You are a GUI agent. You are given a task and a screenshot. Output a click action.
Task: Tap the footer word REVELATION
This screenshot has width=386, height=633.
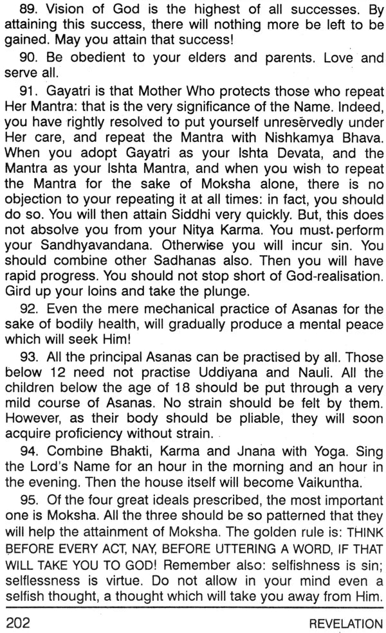click(x=345, y=623)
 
